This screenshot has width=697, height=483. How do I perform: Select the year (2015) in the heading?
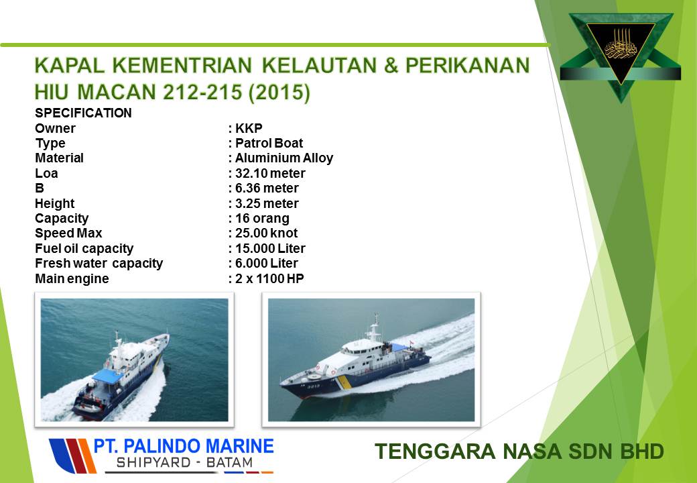click(279, 93)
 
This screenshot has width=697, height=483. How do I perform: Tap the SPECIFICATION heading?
click(83, 113)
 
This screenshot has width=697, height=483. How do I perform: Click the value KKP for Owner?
click(249, 128)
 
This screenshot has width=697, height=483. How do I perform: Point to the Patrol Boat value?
click(269, 143)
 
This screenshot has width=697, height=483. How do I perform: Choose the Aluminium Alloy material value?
click(284, 158)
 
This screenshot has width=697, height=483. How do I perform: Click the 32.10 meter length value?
click(270, 173)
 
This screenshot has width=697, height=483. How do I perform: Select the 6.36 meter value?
click(267, 188)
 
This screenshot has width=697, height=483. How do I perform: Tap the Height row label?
click(55, 204)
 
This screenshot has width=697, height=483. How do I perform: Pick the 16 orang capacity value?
click(262, 219)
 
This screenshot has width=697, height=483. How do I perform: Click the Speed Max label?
click(68, 233)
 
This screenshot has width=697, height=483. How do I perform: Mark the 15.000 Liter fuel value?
click(270, 248)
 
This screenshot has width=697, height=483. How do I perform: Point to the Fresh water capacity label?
click(99, 263)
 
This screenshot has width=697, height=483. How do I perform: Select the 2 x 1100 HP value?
click(269, 278)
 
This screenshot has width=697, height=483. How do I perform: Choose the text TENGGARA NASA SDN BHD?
click(519, 451)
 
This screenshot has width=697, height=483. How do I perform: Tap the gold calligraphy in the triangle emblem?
click(621, 46)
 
